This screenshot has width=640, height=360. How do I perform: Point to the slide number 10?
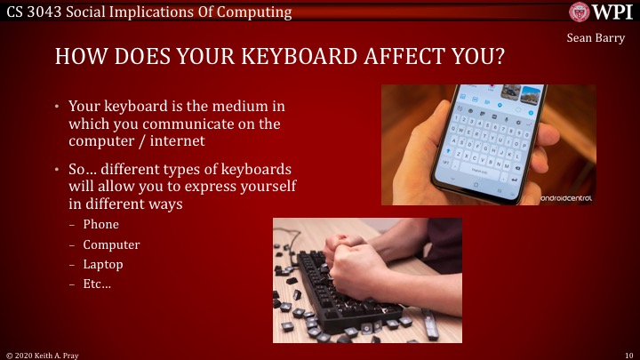point(628,354)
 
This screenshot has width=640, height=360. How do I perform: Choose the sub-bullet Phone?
point(100,225)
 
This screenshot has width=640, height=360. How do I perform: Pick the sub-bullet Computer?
point(111,244)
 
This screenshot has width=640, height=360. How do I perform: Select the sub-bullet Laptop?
point(103,264)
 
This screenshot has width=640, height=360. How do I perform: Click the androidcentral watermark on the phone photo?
point(565,197)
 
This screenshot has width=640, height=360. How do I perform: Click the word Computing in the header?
point(259,11)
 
